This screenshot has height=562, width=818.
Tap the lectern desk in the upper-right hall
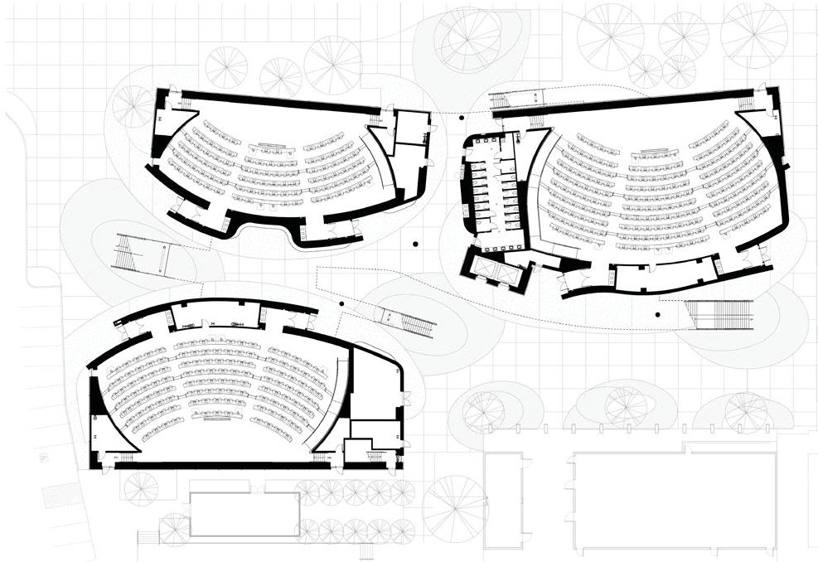tap(653, 152)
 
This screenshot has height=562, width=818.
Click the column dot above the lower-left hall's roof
tap(339, 303)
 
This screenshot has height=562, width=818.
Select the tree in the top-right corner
tap(753, 33)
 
